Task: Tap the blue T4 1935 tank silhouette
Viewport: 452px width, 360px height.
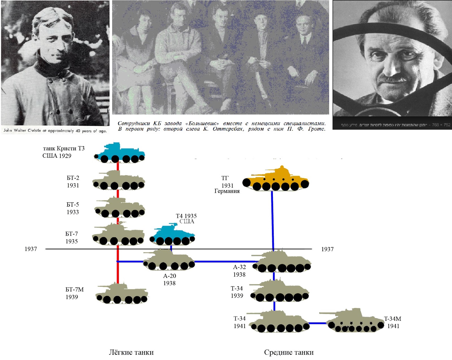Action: (172, 235)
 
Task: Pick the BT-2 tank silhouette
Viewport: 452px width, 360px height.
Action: (119, 181)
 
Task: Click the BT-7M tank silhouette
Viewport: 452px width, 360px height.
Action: (122, 294)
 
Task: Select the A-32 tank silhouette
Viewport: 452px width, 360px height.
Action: (281, 262)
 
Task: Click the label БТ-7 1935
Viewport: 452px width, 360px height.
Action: (71, 238)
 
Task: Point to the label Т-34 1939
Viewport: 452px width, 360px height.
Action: (237, 292)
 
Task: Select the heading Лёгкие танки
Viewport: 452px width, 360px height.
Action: (131, 352)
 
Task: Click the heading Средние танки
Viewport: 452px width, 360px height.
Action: (289, 352)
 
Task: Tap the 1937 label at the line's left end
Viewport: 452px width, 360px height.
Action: (31, 249)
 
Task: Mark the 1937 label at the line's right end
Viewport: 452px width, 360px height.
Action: (327, 249)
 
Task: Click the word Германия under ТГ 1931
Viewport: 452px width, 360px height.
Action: (227, 191)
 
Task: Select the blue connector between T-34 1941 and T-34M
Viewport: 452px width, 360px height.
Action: (318, 323)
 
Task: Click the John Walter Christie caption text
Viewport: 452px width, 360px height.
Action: (55, 131)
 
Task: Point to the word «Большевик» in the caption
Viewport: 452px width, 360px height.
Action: (202, 123)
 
